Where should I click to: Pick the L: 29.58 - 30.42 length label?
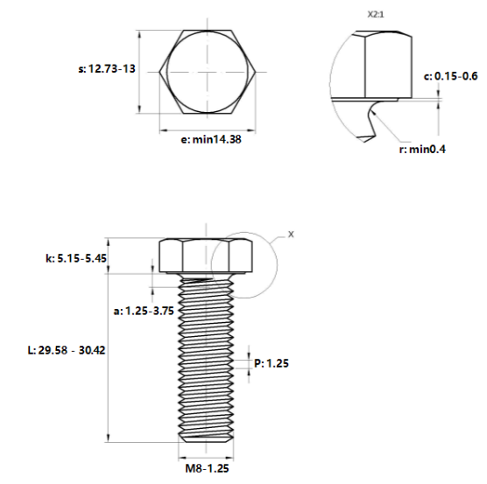point(67,349)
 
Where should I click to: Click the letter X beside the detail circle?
point(292,235)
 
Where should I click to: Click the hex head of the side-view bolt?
point(207,256)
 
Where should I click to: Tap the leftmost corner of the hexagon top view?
point(159,71)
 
